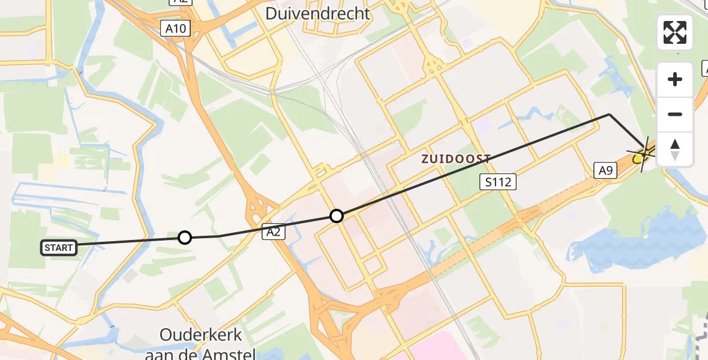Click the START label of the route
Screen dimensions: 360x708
(59, 247)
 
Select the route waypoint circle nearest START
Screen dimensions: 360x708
(185, 238)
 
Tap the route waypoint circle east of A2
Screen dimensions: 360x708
(337, 215)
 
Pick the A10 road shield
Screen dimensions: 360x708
(176, 28)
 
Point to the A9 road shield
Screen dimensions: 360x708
(605, 171)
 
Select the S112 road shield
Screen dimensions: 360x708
(499, 181)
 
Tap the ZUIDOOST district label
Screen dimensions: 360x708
(456, 159)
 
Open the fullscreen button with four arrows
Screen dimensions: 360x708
(675, 32)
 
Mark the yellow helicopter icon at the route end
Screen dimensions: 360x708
(640, 158)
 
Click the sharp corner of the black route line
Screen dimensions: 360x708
(610, 114)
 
